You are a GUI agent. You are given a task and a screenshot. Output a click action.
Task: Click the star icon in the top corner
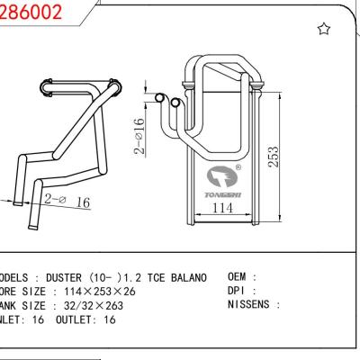324,30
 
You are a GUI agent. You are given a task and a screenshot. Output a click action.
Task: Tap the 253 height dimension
272,156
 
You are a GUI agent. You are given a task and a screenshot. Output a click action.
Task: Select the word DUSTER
68,277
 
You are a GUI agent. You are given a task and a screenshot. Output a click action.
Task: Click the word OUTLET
75,320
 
